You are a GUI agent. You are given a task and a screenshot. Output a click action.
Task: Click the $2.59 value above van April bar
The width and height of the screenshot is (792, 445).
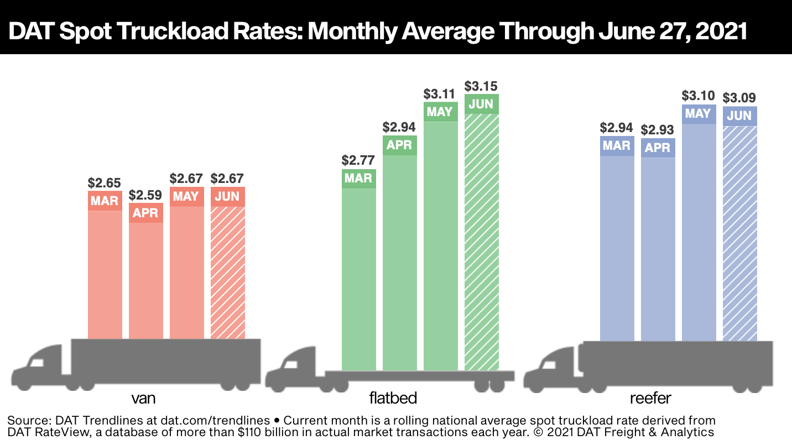[x=145, y=195]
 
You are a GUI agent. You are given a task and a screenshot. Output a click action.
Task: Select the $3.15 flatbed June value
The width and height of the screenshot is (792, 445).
[x=481, y=87]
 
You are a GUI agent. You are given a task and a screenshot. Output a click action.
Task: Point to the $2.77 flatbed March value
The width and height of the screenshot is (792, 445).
[x=358, y=161]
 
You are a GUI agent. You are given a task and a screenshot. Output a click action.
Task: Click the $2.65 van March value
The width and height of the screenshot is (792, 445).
[x=105, y=182]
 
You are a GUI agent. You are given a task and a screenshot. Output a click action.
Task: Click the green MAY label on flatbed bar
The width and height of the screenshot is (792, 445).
[x=440, y=112]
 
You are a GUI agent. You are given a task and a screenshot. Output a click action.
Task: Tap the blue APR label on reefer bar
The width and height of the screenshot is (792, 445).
[x=658, y=148]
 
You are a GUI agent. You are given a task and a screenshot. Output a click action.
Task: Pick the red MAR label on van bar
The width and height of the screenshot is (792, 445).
[x=105, y=200]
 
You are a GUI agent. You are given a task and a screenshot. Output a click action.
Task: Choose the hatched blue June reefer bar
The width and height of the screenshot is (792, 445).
[x=739, y=232]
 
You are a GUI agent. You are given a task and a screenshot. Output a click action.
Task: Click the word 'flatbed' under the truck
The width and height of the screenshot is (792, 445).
[x=393, y=399]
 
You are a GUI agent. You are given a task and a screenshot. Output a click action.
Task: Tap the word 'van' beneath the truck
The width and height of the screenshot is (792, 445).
[x=143, y=399]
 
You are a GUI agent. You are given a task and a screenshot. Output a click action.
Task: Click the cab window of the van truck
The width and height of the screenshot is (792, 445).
[x=37, y=363]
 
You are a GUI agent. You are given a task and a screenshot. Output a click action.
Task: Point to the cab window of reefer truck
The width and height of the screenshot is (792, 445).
[x=549, y=364]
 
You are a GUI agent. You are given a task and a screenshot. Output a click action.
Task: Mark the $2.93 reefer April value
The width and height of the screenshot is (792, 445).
[x=658, y=130]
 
